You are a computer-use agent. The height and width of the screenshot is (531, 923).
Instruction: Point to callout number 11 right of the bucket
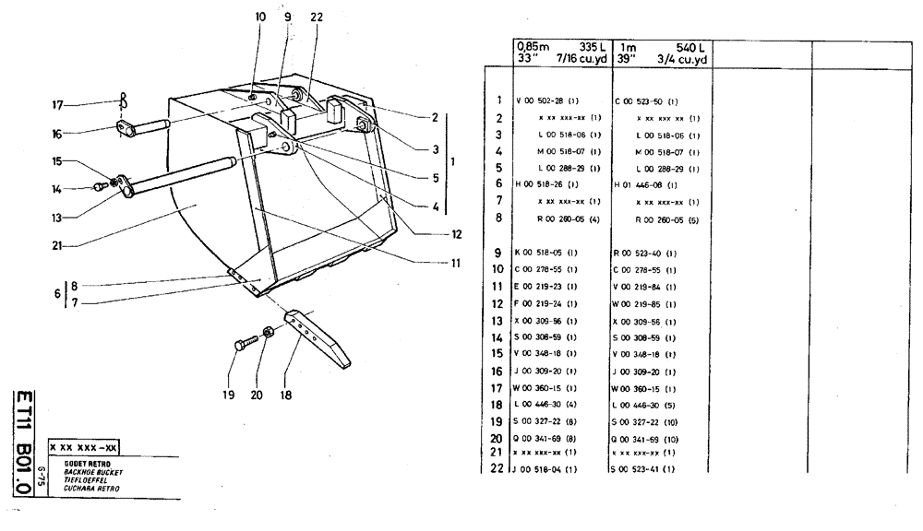tap(455, 262)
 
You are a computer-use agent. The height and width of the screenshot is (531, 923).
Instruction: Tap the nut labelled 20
tap(268, 332)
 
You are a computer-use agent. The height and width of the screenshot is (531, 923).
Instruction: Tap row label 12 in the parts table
tap(498, 301)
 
